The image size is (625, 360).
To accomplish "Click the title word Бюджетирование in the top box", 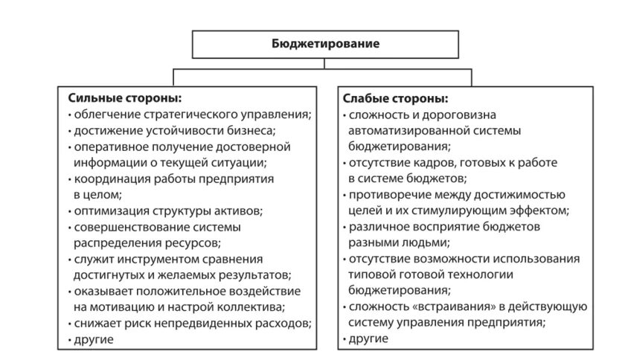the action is (x=325, y=44).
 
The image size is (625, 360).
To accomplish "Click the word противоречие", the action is (x=385, y=194).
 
